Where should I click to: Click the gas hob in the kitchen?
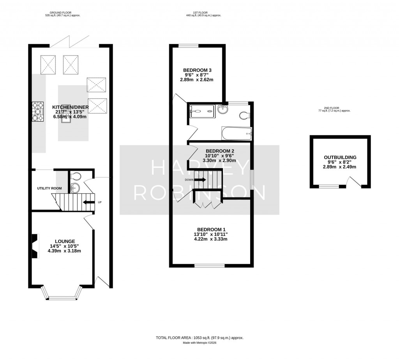click(x=38, y=111)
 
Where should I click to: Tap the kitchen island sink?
click(x=66, y=118)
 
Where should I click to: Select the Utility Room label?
click(x=49, y=188)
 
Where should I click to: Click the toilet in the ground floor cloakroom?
click(x=76, y=176)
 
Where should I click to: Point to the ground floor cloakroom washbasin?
click(x=75, y=188)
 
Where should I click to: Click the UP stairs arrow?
click(x=88, y=202)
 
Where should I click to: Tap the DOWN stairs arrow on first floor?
click(x=200, y=180)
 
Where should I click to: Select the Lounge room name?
click(x=65, y=241)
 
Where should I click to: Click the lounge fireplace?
click(x=35, y=245)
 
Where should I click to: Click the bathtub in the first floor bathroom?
click(x=237, y=133)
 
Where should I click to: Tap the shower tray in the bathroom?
click(x=203, y=111)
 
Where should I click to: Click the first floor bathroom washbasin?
click(x=223, y=110)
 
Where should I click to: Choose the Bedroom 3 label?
click(x=197, y=70)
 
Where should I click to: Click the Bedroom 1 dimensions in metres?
click(x=211, y=239)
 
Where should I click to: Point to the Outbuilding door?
click(x=355, y=182)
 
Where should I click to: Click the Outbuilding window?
click(x=329, y=186)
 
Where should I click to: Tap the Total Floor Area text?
click(x=199, y=338)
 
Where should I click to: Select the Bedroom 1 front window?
click(x=210, y=266)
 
